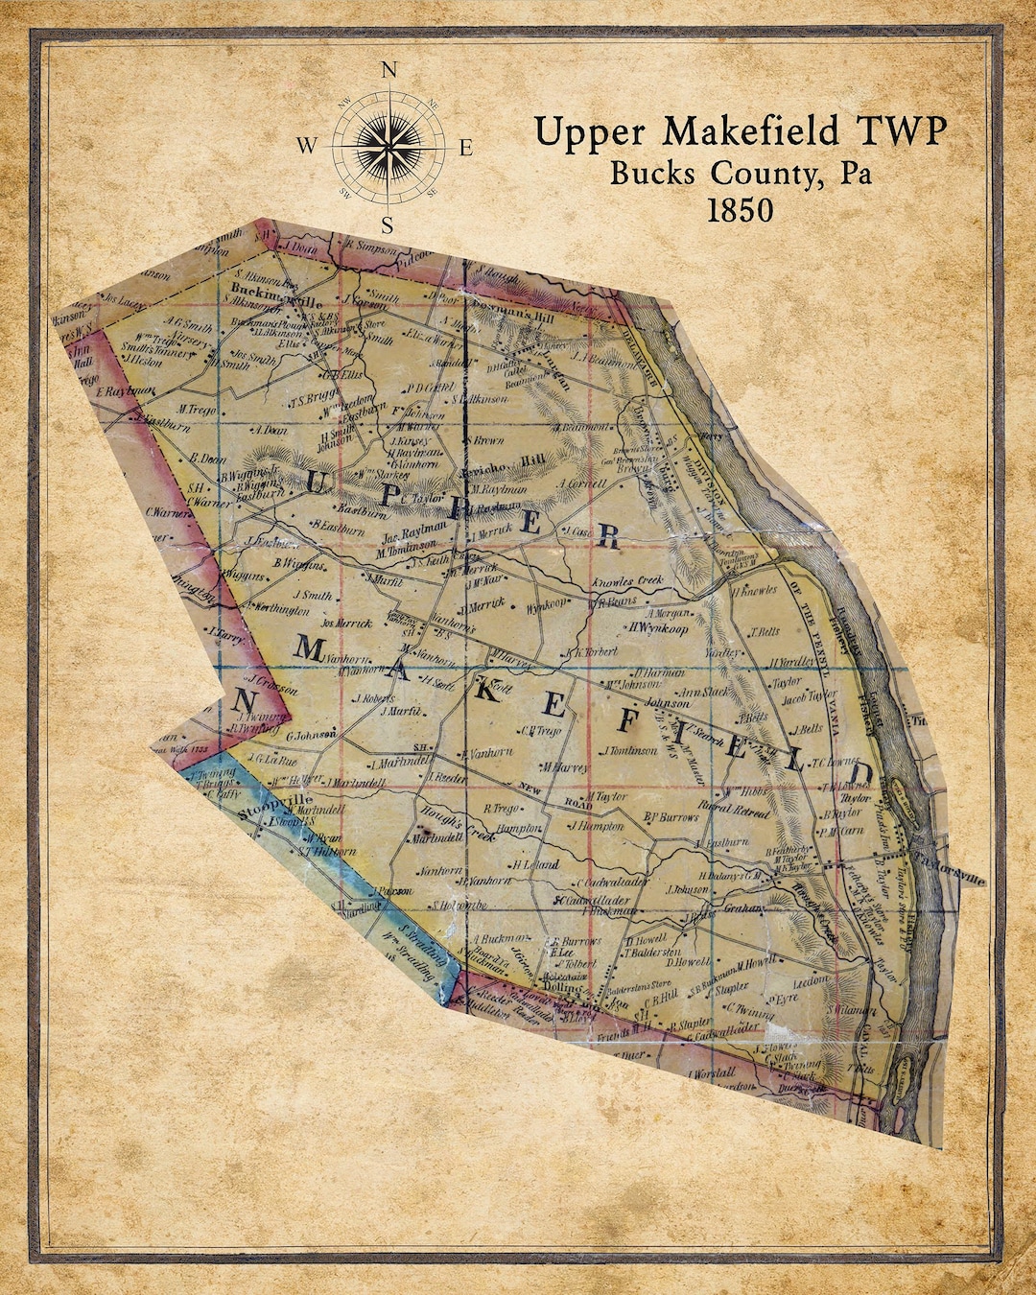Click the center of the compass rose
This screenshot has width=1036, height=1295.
(388, 147)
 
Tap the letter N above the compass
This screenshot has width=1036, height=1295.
(388, 70)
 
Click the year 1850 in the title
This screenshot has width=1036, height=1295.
(740, 210)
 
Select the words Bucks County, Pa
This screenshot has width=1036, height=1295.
(742, 173)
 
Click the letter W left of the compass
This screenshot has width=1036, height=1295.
(306, 147)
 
